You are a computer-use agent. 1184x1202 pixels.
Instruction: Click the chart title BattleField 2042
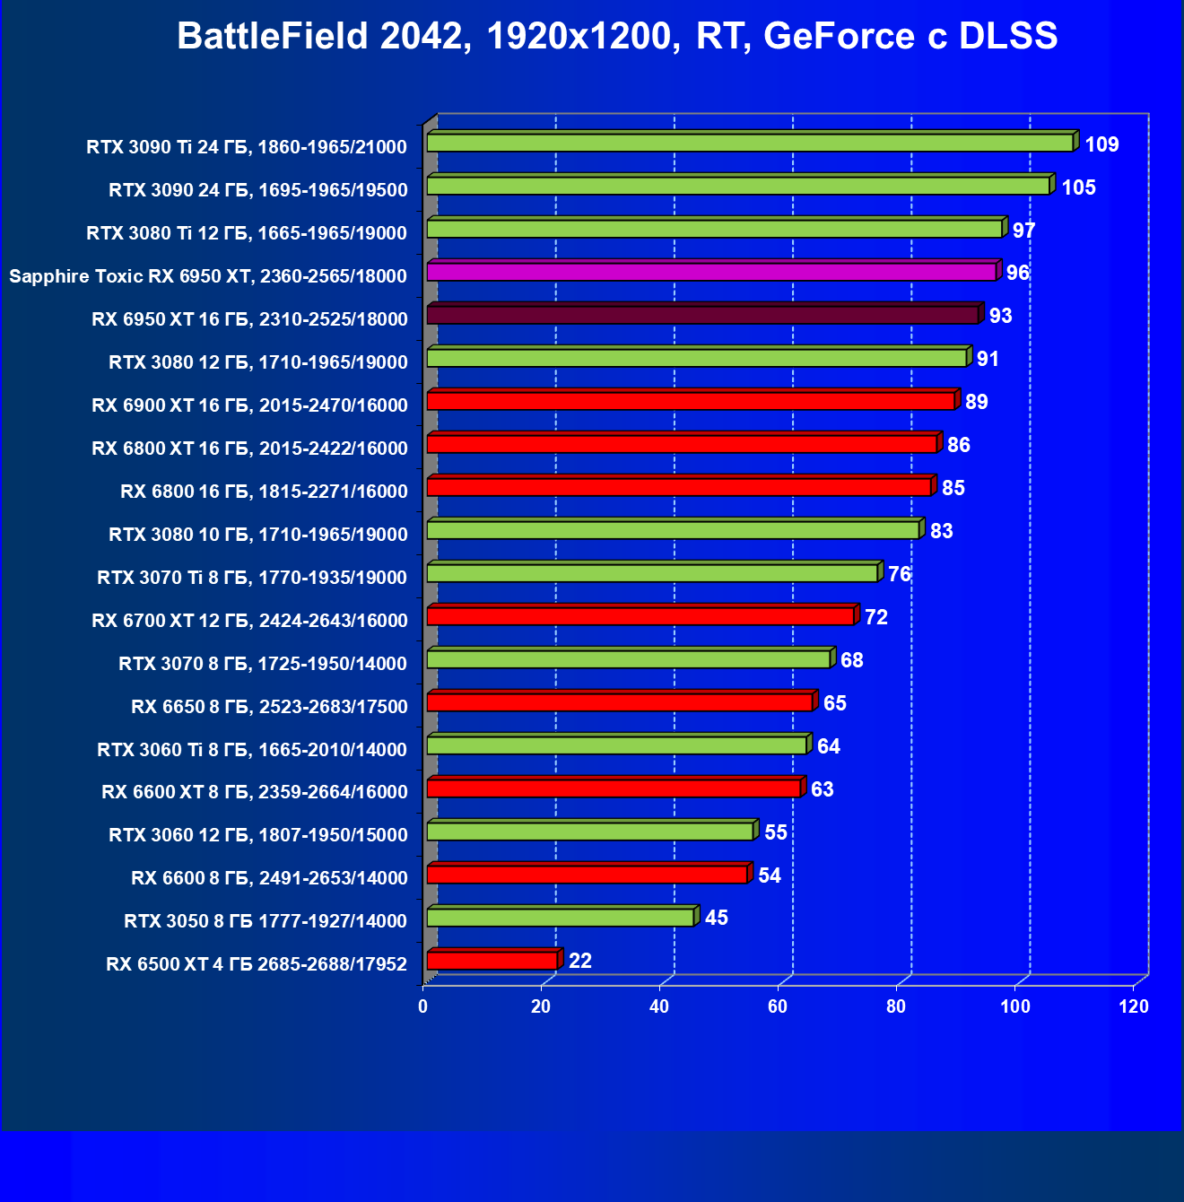pos(617,37)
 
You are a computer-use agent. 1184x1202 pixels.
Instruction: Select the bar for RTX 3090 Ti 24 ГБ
pos(750,144)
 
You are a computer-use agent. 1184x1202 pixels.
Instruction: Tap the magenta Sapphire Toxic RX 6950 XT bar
pos(711,272)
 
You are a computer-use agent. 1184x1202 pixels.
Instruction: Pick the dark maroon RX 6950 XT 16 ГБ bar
pos(702,315)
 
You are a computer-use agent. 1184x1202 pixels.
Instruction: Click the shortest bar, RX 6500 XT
pos(492,961)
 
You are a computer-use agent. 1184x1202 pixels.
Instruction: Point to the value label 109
pos(1101,144)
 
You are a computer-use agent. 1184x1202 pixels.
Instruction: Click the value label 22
pos(580,961)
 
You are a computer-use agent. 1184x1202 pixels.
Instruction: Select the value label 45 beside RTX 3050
pos(717,918)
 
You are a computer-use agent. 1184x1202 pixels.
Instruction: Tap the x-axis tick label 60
pos(778,1006)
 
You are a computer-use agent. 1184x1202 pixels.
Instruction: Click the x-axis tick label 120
pos(1134,1006)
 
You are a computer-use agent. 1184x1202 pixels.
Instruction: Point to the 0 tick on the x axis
pos(423,1006)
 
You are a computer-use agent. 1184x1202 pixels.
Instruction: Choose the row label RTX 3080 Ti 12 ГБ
pos(247,233)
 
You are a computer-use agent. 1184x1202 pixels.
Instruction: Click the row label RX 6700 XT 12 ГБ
pos(249,621)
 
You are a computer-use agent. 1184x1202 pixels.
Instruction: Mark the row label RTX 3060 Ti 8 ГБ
pos(252,750)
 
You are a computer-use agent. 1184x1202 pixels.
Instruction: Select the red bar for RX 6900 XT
pos(691,401)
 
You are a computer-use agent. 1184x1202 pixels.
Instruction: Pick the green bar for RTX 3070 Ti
pos(652,573)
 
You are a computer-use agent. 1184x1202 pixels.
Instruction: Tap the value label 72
pos(876,617)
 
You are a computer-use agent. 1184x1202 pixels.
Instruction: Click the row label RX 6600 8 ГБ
pos(269,878)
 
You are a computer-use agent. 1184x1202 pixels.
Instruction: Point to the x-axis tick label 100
pos(1015,1006)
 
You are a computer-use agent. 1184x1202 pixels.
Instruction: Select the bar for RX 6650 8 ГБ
pos(620,702)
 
